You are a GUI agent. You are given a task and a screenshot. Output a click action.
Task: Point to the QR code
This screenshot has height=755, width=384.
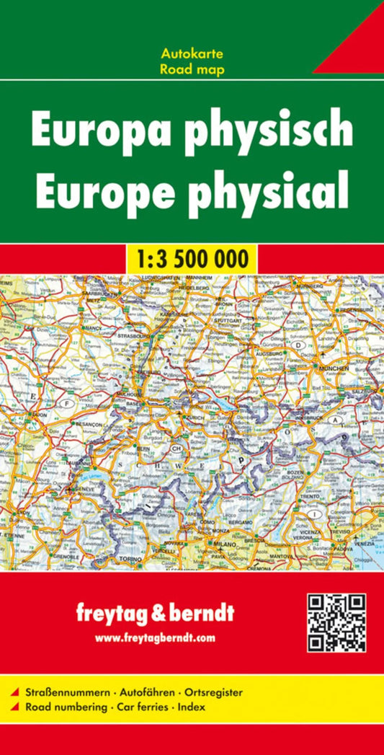point(336,622)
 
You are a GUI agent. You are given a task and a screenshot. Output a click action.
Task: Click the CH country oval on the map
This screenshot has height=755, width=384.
point(174,448)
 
